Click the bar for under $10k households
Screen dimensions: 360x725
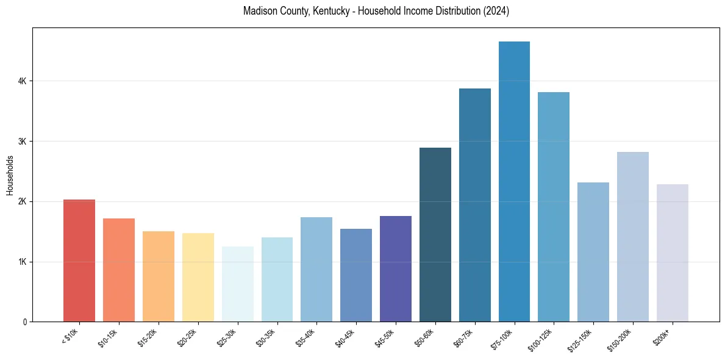(79, 261)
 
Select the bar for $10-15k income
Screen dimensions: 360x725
(119, 270)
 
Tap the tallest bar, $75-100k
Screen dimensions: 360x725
(514, 181)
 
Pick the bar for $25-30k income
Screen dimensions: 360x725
(237, 284)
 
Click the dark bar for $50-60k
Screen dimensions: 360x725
(435, 234)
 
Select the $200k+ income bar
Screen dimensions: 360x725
(673, 253)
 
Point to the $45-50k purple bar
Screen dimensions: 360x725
(396, 268)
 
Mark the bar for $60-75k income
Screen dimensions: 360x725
(475, 205)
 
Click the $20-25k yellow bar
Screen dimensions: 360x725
(198, 277)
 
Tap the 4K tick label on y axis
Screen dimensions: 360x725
(21, 81)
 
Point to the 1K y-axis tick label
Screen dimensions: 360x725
(21, 262)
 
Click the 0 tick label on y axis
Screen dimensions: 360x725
(24, 322)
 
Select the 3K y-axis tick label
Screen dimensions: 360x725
(21, 142)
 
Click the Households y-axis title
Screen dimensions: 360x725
(10, 175)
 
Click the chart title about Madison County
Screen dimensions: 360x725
(376, 11)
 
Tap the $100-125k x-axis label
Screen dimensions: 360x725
(541, 339)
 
